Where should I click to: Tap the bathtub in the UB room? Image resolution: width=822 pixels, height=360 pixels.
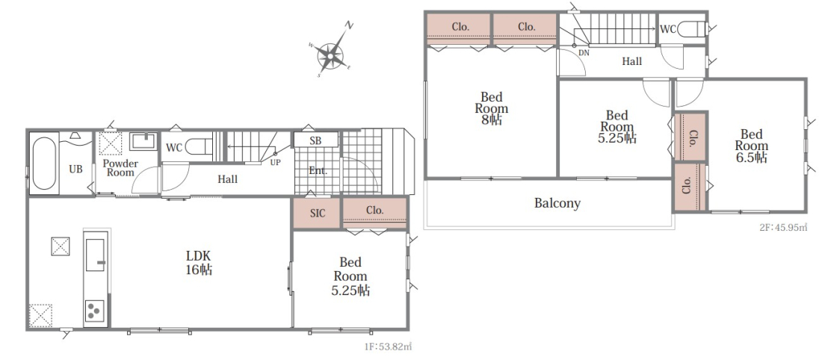(44, 164)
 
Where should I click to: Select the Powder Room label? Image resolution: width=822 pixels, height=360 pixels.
(120, 168)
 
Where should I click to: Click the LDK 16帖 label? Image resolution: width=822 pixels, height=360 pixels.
(199, 263)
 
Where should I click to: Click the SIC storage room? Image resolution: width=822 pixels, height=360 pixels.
(317, 214)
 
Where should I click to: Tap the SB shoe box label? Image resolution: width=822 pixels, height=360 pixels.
(315, 140)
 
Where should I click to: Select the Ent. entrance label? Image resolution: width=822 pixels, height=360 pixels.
(318, 171)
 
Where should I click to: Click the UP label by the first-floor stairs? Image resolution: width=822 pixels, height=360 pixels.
(275, 162)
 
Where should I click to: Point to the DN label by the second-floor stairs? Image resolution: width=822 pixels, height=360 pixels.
(584, 53)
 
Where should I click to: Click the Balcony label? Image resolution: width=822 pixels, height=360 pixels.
(557, 203)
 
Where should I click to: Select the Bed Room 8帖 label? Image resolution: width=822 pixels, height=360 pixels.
(492, 108)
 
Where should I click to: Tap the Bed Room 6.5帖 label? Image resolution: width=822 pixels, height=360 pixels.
(752, 146)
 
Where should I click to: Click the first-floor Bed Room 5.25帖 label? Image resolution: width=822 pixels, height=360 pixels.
(350, 276)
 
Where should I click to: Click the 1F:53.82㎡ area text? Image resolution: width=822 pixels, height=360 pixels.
(388, 347)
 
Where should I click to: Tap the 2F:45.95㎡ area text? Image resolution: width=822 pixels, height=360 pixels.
(782, 227)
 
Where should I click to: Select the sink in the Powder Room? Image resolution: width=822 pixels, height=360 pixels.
(143, 141)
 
